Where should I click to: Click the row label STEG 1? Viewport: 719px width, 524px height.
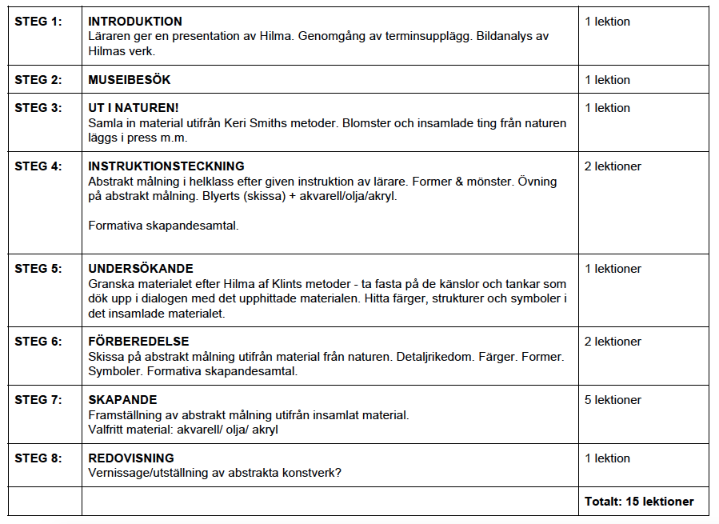tap(38, 22)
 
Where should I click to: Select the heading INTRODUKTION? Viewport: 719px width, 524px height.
tap(135, 22)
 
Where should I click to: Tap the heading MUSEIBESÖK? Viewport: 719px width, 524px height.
tap(129, 80)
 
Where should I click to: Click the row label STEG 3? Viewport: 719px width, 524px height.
tap(38, 108)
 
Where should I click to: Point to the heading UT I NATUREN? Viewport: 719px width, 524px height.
tap(134, 108)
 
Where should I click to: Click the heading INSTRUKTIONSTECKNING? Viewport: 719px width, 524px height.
tap(166, 166)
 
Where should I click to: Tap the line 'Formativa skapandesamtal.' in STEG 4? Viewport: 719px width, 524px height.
tap(163, 225)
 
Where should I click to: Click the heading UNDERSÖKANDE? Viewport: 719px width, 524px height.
tap(141, 269)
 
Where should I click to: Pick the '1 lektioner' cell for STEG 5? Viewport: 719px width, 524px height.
tap(613, 269)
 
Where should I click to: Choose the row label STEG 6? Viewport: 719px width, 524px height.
tap(38, 342)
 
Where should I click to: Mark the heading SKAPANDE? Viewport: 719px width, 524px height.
tap(122, 400)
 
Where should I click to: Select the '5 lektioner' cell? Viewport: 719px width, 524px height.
tap(613, 400)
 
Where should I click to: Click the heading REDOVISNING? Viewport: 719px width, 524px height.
tap(131, 458)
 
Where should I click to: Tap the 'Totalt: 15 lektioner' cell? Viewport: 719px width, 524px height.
tap(639, 502)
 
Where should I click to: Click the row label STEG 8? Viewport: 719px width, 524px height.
tap(38, 458)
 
